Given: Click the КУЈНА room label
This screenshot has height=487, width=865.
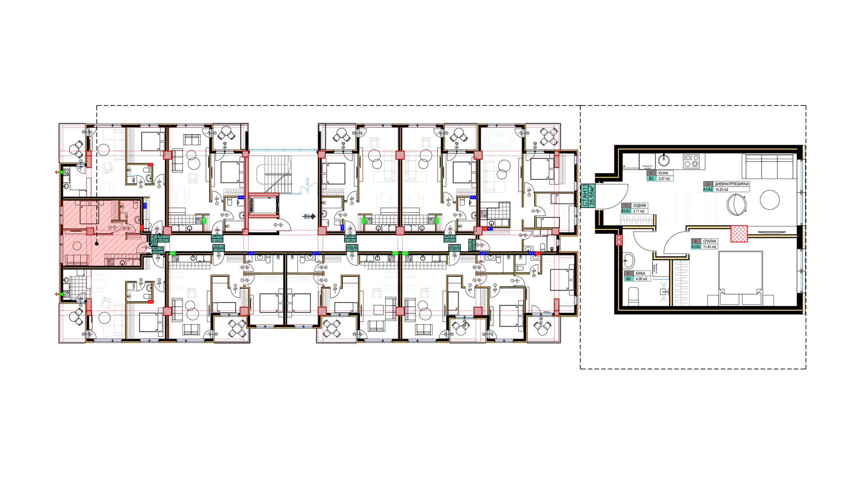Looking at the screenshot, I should coord(663,173).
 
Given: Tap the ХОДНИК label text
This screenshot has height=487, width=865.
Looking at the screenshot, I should coord(639,206).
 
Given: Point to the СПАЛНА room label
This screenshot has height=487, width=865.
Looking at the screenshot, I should coord(709,241).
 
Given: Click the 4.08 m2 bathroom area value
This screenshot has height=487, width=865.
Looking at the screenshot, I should coord(642,279).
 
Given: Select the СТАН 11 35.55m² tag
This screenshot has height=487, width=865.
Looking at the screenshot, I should coord(588,195).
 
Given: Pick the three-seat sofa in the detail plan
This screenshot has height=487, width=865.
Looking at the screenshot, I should coord(769,165).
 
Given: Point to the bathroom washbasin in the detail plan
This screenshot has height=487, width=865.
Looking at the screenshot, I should coord(628,260).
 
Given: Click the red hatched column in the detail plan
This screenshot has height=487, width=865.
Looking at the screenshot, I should coord(739,234).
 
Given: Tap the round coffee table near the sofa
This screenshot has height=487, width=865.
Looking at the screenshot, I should coord(769,199).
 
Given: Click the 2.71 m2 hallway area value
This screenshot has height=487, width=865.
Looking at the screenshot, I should coord(639,211).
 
